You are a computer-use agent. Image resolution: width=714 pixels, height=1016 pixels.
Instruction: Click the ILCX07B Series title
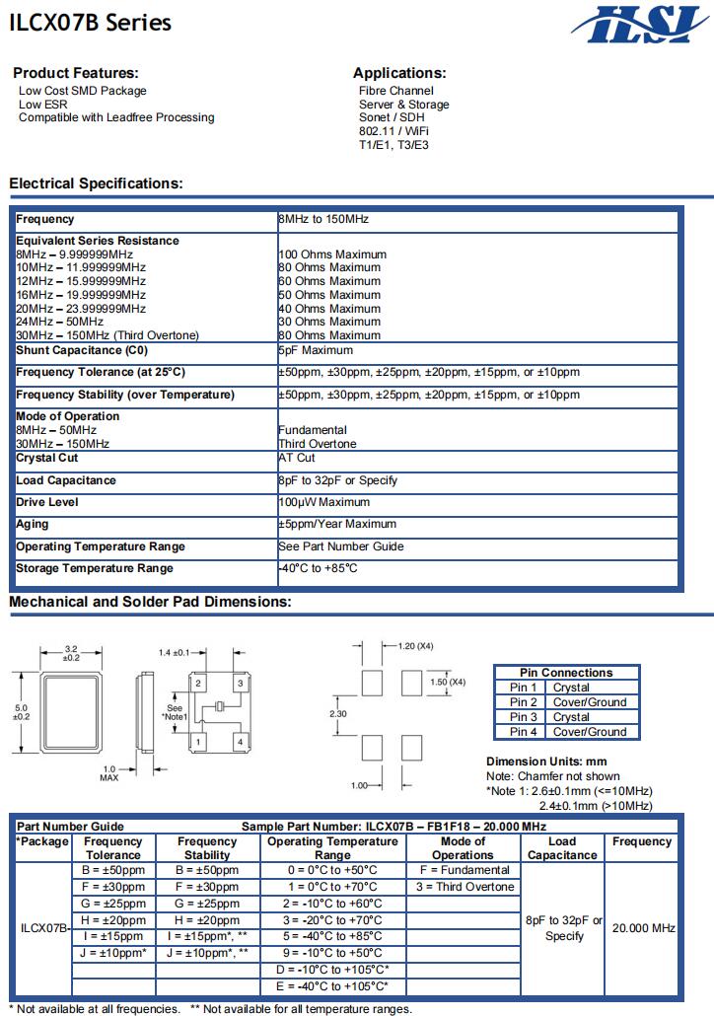pyautogui.click(x=90, y=23)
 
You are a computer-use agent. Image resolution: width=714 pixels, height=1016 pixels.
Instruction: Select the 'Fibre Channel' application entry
pyautogui.click(x=395, y=91)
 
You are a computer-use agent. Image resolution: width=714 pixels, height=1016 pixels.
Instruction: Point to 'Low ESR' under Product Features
pyautogui.click(x=43, y=105)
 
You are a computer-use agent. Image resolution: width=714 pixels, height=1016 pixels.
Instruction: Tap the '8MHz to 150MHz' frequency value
pyautogui.click(x=323, y=219)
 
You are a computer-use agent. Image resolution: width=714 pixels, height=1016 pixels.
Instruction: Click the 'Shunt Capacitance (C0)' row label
pyautogui.click(x=85, y=350)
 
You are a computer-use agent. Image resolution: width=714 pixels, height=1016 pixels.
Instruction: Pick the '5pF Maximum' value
pyautogui.click(x=315, y=350)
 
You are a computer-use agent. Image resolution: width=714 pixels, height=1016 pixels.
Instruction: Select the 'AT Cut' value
pyautogui.click(x=297, y=458)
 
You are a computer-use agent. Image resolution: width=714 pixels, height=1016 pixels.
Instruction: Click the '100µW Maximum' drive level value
pyautogui.click(x=323, y=502)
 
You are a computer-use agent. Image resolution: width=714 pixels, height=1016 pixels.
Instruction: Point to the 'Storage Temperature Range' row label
pyautogui.click(x=95, y=568)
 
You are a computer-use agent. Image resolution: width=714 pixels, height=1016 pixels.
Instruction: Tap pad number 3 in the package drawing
pyautogui.click(x=240, y=683)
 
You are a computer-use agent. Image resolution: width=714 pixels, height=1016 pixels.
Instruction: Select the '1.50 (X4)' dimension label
pyautogui.click(x=448, y=682)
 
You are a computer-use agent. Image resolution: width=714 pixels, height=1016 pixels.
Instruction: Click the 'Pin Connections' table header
pyautogui.click(x=566, y=673)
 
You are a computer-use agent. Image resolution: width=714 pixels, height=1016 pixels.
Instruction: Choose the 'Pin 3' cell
pyautogui.click(x=524, y=717)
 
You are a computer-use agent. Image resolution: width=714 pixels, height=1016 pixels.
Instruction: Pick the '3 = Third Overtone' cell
pyautogui.click(x=464, y=887)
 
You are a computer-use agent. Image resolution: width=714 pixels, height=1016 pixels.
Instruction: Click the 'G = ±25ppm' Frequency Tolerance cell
pyautogui.click(x=112, y=904)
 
